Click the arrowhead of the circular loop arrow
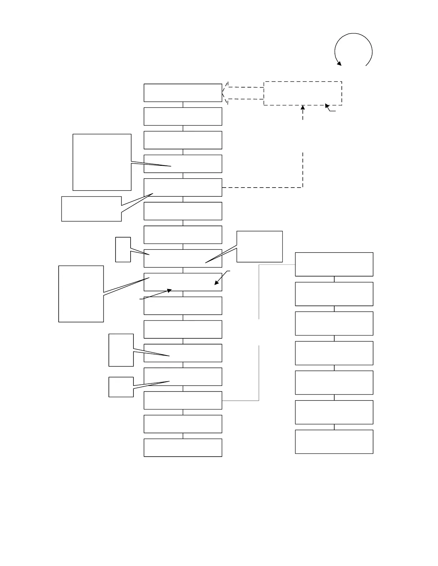(339, 64)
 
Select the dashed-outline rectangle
(303, 93)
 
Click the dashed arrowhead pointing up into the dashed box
(303, 107)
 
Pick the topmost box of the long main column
(183, 93)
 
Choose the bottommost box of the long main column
(183, 447)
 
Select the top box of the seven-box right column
(334, 264)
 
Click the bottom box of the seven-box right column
(334, 442)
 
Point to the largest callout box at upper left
(102, 162)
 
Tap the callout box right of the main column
(259, 247)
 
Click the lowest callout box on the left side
(121, 387)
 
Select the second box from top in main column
(183, 116)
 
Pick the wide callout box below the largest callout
(91, 209)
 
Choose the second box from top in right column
(334, 294)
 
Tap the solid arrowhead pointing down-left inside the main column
(216, 283)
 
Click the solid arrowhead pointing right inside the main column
(170, 291)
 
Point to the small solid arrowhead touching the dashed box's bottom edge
(327, 105)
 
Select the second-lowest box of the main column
(183, 424)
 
